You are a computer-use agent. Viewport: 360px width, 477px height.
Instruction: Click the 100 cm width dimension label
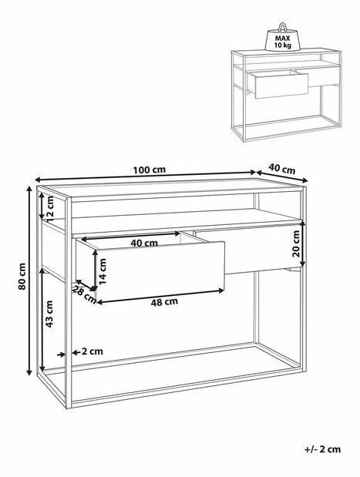point(149,169)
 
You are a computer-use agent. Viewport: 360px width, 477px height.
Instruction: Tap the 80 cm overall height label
point(22,280)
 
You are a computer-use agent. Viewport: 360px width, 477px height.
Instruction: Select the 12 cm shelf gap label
point(49,209)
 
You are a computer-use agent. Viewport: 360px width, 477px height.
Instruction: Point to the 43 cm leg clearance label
point(49,314)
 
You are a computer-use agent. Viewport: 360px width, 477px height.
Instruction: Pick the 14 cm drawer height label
point(103,272)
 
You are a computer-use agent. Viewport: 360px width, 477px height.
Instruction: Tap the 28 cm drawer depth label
point(84,294)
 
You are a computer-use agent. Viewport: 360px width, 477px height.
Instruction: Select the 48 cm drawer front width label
point(164,302)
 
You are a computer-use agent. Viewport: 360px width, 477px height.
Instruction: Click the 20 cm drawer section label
point(296,244)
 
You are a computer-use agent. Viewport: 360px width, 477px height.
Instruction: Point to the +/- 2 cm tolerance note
point(322,449)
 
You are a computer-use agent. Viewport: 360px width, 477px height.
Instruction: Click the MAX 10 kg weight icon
point(283,37)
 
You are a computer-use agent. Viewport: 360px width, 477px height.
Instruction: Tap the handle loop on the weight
point(283,27)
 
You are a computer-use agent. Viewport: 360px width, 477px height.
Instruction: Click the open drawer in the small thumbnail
point(278,84)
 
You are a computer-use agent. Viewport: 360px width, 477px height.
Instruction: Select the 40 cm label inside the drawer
point(144,243)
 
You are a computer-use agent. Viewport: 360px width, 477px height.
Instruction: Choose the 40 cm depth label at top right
point(282,169)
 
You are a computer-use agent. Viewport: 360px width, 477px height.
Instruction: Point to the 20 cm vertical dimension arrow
point(302,243)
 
